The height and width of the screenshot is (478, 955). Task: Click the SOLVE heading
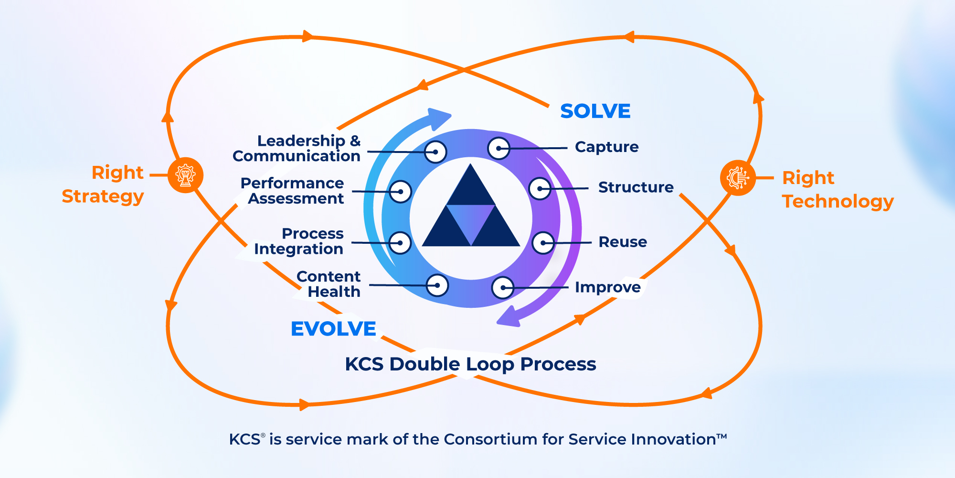(595, 111)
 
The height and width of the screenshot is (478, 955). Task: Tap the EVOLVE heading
(333, 329)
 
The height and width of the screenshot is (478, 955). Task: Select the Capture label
(606, 147)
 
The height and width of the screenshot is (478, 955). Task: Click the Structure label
(636, 187)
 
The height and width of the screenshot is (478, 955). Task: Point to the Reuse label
(623, 242)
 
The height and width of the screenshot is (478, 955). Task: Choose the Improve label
(607, 287)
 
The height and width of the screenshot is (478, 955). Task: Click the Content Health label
(329, 284)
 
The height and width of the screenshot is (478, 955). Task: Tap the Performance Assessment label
(293, 191)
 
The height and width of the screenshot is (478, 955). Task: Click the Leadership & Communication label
(297, 148)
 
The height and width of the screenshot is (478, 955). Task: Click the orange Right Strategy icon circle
(186, 175)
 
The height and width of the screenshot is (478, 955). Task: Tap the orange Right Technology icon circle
(738, 178)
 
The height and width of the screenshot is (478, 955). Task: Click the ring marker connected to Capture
(499, 148)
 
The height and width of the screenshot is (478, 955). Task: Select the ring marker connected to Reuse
(543, 243)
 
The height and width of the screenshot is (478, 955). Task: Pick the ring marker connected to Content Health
(437, 285)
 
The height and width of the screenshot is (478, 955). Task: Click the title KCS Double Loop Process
(470, 364)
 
